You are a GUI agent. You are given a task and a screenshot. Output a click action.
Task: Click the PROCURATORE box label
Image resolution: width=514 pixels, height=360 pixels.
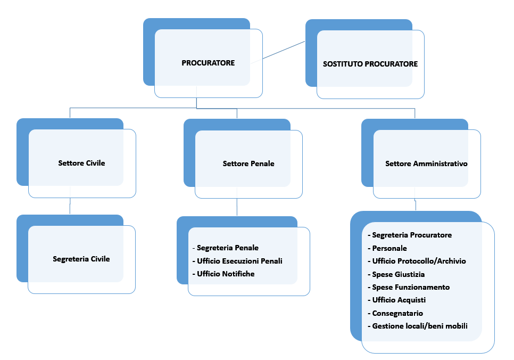click(x=208, y=63)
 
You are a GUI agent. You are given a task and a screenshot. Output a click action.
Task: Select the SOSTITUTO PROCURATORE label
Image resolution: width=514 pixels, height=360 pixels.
click(x=370, y=64)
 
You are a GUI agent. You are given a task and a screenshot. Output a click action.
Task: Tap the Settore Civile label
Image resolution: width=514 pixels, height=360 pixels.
click(x=81, y=163)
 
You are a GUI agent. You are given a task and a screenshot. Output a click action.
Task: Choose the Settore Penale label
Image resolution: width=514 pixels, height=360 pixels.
click(x=248, y=163)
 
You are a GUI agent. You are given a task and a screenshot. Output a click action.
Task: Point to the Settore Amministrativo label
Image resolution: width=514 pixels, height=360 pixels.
click(x=426, y=163)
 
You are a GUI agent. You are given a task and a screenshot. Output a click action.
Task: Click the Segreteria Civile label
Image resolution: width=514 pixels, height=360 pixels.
click(x=81, y=259)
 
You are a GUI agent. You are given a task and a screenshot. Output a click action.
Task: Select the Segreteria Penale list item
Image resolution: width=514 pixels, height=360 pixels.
click(x=227, y=248)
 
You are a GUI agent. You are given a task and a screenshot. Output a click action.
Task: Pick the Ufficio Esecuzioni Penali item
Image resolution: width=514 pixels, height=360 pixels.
click(x=239, y=261)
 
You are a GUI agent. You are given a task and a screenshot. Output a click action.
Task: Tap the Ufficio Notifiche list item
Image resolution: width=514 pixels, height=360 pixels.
click(x=225, y=274)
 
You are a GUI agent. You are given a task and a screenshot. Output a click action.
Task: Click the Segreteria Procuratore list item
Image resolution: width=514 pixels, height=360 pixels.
click(x=411, y=235)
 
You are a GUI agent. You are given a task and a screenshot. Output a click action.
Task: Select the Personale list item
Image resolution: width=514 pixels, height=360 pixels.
click(x=389, y=248)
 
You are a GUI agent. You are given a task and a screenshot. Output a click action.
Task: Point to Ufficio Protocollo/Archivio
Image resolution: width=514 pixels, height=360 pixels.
click(x=419, y=261)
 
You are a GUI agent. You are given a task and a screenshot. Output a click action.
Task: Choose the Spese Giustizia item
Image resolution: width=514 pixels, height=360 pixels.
click(x=398, y=274)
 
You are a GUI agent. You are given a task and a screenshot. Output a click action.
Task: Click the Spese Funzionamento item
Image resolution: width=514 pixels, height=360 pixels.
click(x=410, y=287)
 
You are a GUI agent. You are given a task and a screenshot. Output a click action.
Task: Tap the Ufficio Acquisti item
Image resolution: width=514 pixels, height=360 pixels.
click(x=399, y=300)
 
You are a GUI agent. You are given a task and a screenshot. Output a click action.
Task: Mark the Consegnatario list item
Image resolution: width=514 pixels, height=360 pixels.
click(x=397, y=313)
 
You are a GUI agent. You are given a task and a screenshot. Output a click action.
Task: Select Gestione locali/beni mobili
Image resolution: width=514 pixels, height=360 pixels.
click(x=419, y=326)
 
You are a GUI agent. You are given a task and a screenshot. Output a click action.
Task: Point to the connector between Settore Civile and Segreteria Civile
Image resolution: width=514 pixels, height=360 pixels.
click(x=70, y=206)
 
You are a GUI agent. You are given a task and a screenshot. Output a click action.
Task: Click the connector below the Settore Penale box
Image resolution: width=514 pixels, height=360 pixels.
click(x=237, y=207)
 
